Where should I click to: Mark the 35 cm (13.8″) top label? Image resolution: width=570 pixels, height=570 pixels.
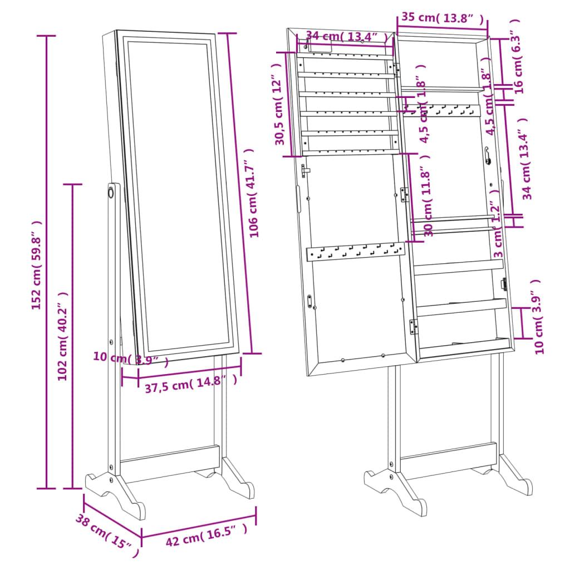click(443, 18)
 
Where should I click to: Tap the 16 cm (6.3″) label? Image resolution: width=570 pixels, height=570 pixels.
click(517, 56)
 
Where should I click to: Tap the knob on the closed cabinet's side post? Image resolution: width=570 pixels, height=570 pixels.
click(110, 193)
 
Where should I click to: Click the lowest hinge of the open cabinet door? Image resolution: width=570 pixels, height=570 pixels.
click(414, 326)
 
